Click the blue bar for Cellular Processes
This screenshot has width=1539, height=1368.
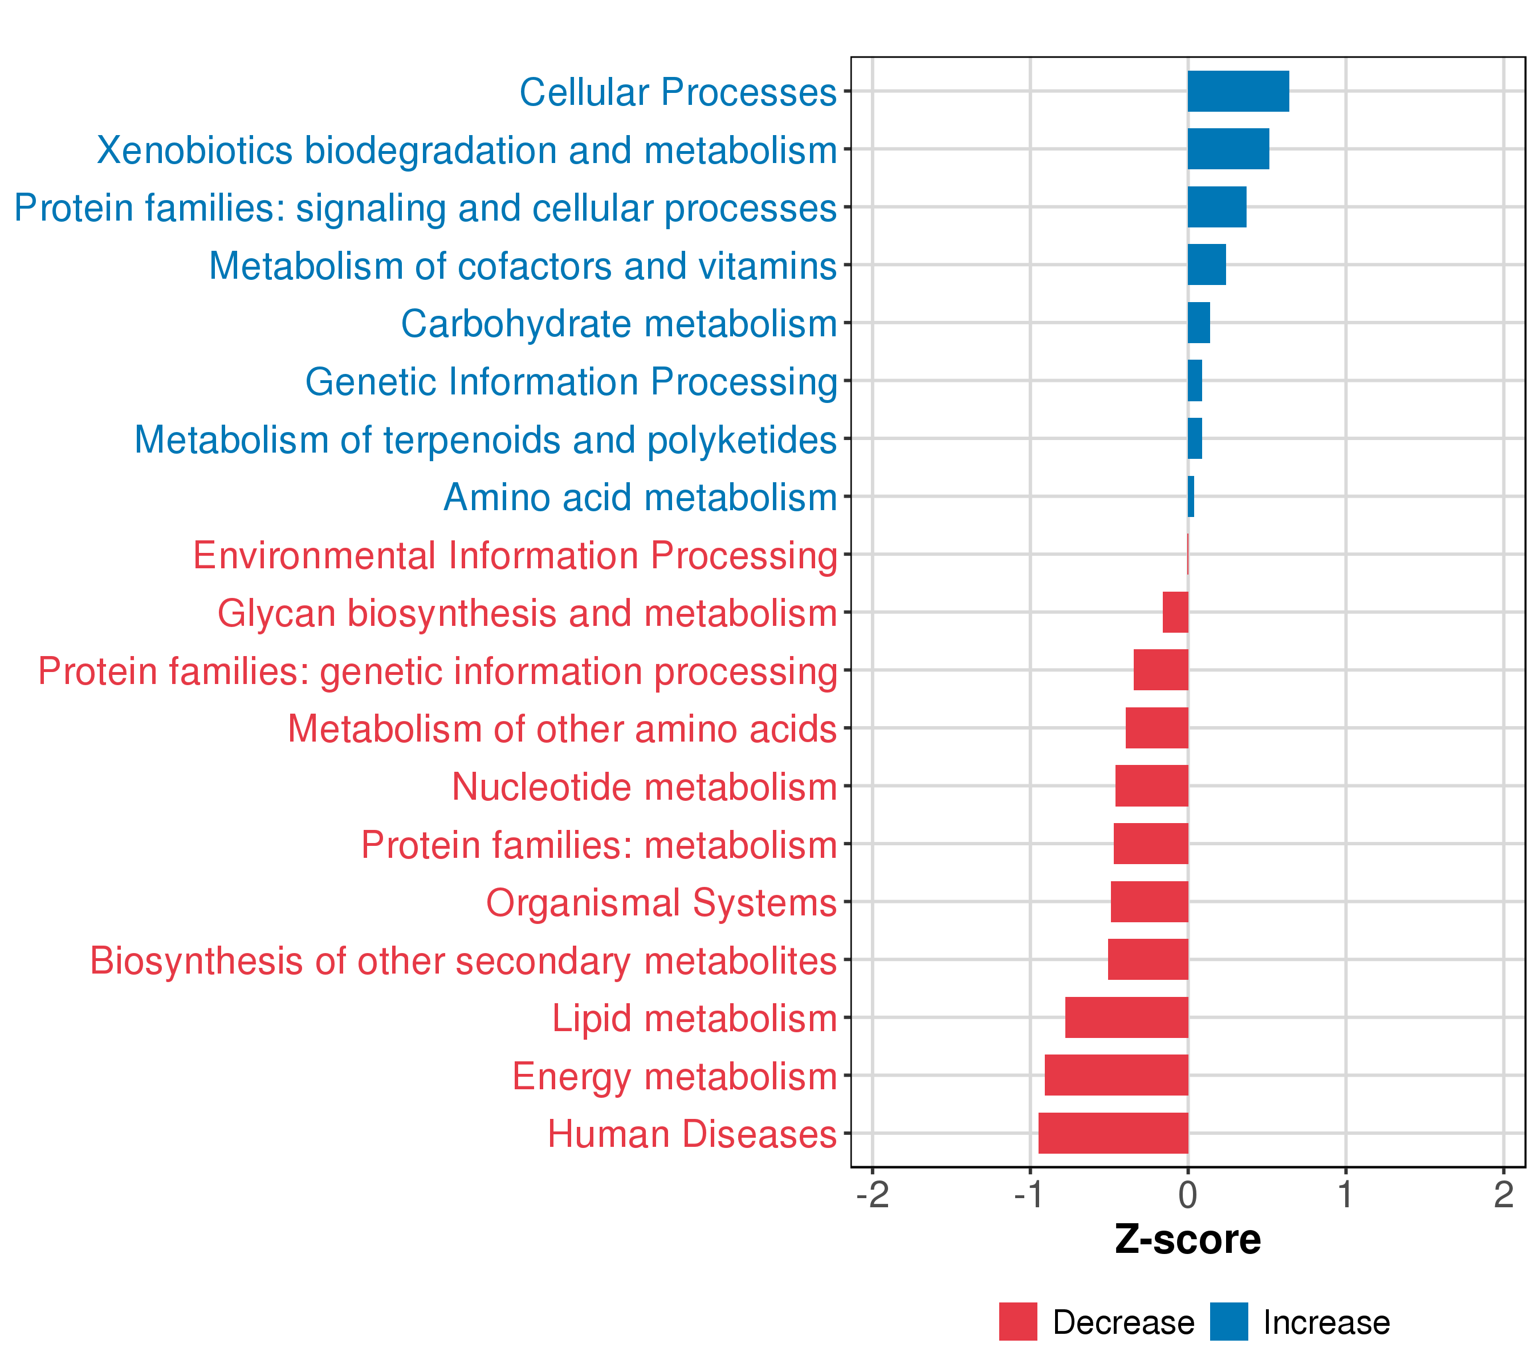1238,91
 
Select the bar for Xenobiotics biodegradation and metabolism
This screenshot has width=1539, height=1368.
1228,149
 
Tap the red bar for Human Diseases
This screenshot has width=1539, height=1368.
1113,1133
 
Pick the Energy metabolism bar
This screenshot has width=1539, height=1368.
1116,1074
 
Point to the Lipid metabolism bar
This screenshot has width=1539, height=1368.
1126,1017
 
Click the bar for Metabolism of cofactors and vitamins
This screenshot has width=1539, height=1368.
1206,264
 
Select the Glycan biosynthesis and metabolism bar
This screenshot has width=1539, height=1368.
1175,612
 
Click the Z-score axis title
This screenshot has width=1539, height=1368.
1187,1239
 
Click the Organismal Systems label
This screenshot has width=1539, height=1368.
661,902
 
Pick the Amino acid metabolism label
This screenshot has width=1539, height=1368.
640,497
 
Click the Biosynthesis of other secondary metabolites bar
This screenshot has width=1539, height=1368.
1147,959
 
